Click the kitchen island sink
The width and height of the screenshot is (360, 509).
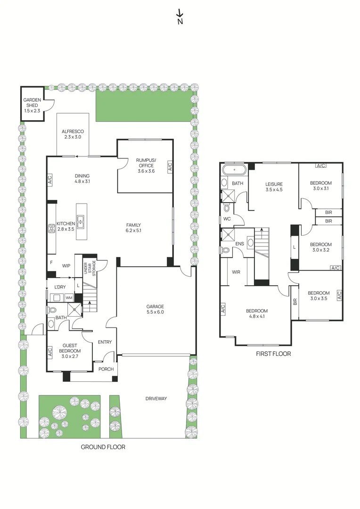tap(81, 220)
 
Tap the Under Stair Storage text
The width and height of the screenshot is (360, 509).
tap(89, 269)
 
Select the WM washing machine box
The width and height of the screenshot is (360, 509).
tap(69, 297)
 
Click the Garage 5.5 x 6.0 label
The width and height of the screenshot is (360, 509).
tap(155, 309)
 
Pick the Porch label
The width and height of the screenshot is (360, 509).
tap(106, 369)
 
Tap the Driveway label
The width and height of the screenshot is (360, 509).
tap(156, 399)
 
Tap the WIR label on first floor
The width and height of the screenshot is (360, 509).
tap(236, 272)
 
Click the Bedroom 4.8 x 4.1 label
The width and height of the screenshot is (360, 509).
tap(257, 314)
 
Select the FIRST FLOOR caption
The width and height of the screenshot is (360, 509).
tap(273, 353)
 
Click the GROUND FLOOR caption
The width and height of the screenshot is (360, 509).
tap(103, 447)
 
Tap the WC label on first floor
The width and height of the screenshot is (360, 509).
tap(227, 219)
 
